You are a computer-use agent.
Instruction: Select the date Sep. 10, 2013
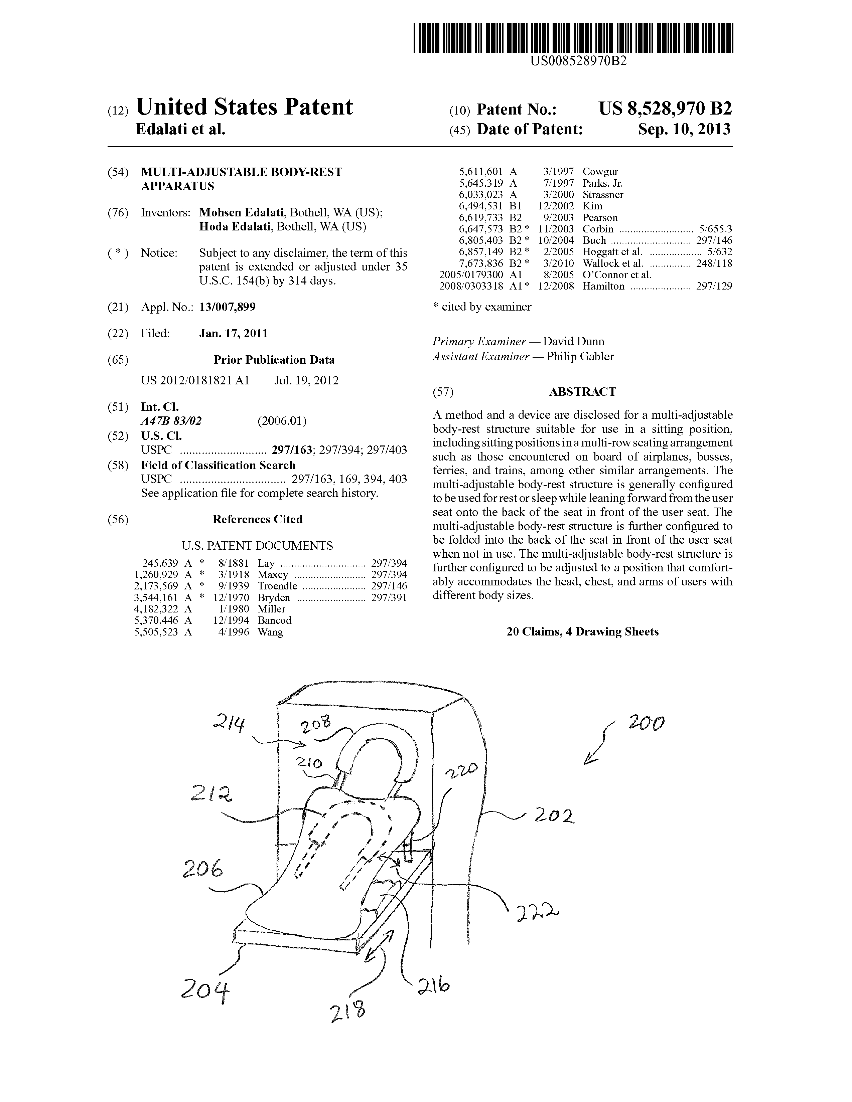(x=684, y=130)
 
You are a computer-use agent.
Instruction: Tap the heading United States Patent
(x=244, y=107)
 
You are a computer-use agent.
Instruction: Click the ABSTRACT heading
(x=582, y=392)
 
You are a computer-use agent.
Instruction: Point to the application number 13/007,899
(x=227, y=307)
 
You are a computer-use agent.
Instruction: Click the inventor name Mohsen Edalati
(x=241, y=212)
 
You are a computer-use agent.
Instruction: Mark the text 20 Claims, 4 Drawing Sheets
(x=582, y=632)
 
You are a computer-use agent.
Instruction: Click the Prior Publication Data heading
(x=274, y=360)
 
